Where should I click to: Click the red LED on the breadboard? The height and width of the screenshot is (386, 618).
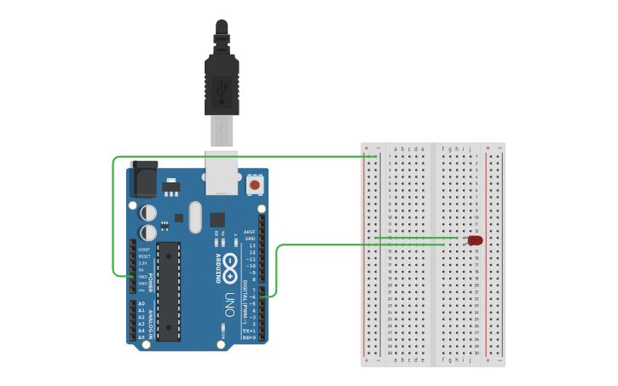coord(475,241)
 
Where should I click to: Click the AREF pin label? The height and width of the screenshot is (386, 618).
coord(250,232)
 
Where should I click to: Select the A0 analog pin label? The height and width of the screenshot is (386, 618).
coord(142,303)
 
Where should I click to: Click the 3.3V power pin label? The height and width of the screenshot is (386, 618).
coord(144,263)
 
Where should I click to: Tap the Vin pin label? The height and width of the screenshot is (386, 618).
coord(142,291)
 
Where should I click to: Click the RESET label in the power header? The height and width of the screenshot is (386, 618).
coord(145,256)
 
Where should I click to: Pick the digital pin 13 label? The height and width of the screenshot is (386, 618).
coord(251,245)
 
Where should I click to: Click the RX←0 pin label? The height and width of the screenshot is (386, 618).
coord(249,337)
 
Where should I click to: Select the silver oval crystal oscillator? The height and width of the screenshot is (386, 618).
coord(195,216)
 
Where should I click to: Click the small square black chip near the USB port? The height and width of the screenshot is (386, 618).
coord(217,219)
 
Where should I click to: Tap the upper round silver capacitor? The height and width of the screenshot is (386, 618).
coord(148,211)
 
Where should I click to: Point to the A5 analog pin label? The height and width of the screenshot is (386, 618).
coord(142,337)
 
